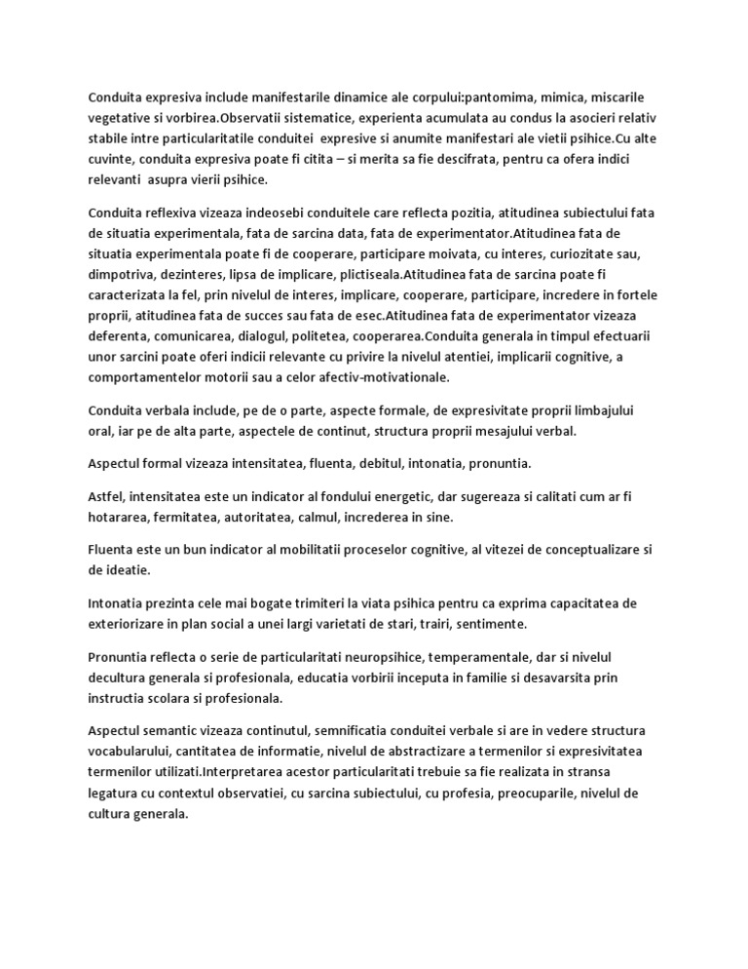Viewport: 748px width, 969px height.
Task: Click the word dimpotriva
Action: point(125,274)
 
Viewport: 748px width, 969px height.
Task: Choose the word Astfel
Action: point(106,497)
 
